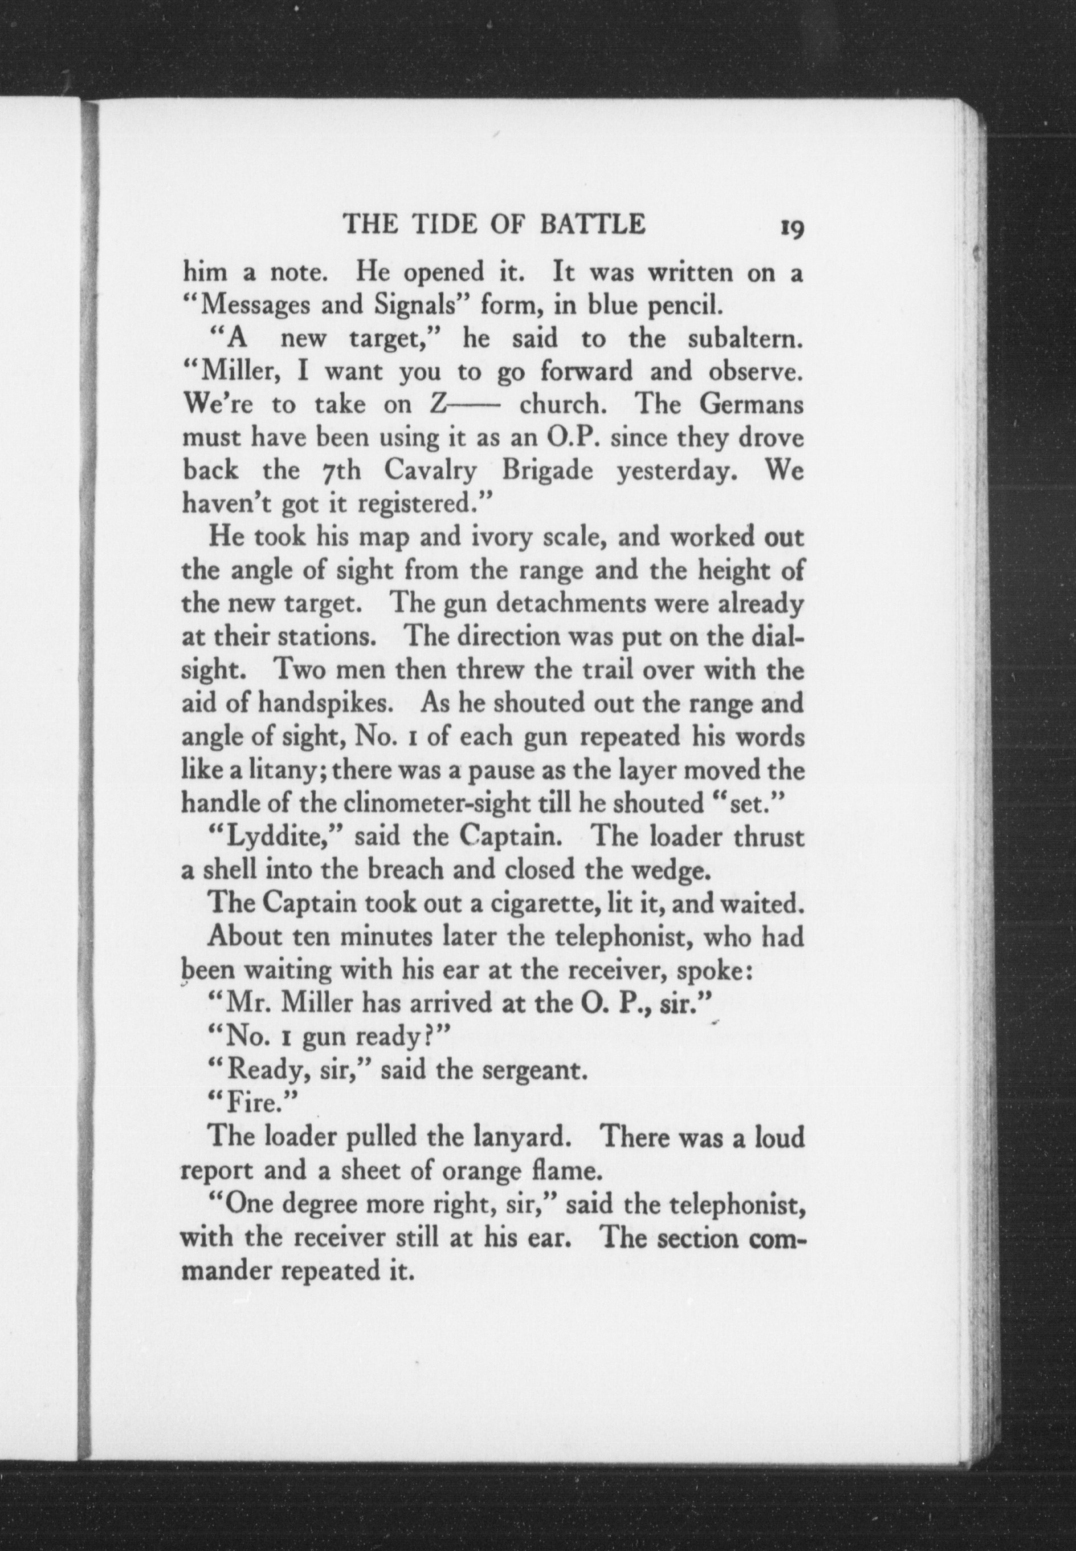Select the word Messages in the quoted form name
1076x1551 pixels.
[x=257, y=307]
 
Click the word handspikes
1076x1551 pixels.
[x=327, y=703]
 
